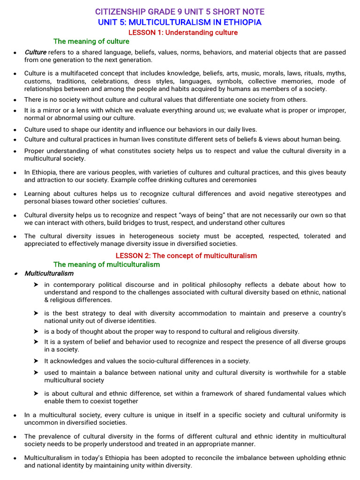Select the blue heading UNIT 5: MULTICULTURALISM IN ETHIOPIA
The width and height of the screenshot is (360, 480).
tap(180, 22)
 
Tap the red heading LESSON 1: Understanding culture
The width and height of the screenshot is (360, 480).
tap(183, 32)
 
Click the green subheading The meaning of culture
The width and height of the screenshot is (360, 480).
tap(91, 41)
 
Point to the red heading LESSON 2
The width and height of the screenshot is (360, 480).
tap(186, 255)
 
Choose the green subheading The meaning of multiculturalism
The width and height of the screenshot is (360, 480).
tap(106, 264)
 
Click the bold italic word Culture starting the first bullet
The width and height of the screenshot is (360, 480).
tap(35, 52)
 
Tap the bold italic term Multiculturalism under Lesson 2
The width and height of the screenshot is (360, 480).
tap(49, 273)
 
